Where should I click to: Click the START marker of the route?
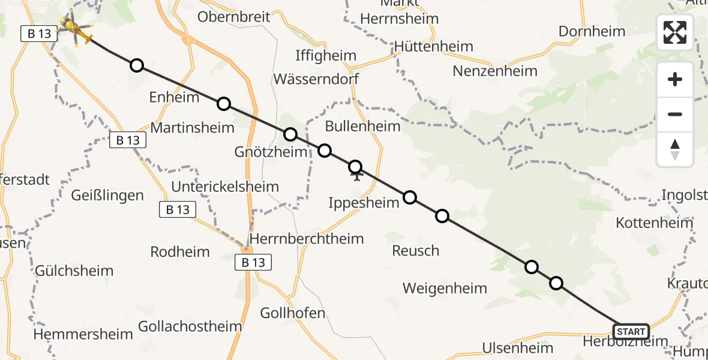point(631,331)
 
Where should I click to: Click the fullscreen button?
point(675,32)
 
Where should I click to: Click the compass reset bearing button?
point(675,149)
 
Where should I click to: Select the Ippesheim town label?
point(364,203)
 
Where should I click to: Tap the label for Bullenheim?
point(362,126)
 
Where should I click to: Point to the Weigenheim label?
point(445,289)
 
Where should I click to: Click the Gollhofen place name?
point(293,313)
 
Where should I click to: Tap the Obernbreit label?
point(234,16)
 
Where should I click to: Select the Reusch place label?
point(415,250)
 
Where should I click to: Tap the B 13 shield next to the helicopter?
point(39,34)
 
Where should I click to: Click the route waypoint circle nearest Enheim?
point(224,104)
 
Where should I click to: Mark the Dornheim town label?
point(592,31)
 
